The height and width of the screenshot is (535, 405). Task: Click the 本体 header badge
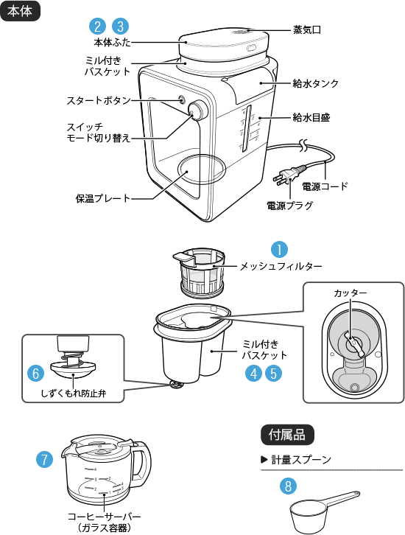pyautogui.click(x=20, y=11)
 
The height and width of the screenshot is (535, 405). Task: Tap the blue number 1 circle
pyautogui.click(x=279, y=249)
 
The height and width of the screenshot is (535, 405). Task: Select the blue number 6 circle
pyautogui.click(x=36, y=374)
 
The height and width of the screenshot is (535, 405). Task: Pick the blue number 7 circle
pyautogui.click(x=45, y=459)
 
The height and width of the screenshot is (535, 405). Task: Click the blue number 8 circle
pyautogui.click(x=288, y=486)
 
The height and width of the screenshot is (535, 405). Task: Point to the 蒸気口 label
pyautogui.click(x=307, y=30)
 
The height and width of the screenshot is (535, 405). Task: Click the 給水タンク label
pyautogui.click(x=316, y=83)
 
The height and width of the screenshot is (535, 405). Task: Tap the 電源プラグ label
pyautogui.click(x=289, y=206)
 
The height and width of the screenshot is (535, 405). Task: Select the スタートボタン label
pyautogui.click(x=99, y=100)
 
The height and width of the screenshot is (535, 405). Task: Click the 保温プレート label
pyautogui.click(x=103, y=198)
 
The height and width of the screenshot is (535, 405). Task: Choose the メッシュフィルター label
pyautogui.click(x=281, y=266)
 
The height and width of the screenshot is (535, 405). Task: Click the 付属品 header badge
pyautogui.click(x=287, y=435)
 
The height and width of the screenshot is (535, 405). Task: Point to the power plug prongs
pyautogui.click(x=280, y=179)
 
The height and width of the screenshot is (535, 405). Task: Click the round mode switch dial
pyautogui.click(x=198, y=111)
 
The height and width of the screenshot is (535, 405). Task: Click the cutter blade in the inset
pyautogui.click(x=354, y=344)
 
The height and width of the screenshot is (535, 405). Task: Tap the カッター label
pyautogui.click(x=350, y=293)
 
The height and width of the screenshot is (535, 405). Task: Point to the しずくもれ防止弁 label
pyautogui.click(x=74, y=394)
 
